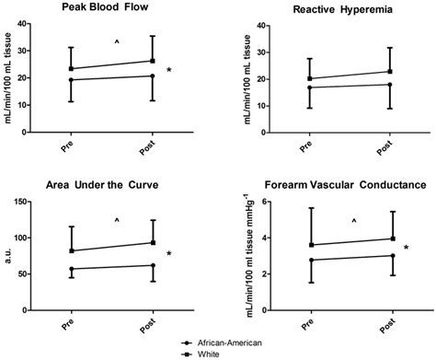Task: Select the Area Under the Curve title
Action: coord(109,183)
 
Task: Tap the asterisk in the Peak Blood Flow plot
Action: coord(168,71)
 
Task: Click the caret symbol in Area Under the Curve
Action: coord(116,220)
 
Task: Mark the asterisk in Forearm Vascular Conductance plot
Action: coord(407,248)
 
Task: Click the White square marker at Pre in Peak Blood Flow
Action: coord(72,69)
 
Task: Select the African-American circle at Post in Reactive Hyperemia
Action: coord(388,85)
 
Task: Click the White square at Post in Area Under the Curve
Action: coord(152,243)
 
